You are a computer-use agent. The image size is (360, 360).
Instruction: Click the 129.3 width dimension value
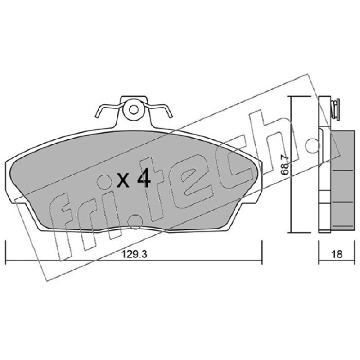(134, 254)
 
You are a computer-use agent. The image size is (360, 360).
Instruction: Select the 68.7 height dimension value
(284, 165)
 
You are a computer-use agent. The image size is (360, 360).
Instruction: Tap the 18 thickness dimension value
(337, 254)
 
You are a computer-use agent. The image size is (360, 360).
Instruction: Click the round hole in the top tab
(134, 110)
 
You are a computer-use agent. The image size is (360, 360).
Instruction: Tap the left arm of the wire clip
(108, 109)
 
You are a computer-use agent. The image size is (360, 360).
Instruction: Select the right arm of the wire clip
(159, 109)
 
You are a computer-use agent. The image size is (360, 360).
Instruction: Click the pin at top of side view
(336, 109)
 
